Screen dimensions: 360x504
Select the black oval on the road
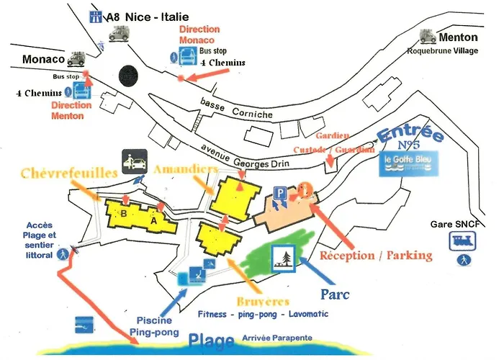coord(127,75)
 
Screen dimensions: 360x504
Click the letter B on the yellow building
coord(123,213)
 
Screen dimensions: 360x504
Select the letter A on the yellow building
coord(153,220)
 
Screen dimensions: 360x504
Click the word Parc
coord(334,294)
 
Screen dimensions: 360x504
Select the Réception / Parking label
coord(376,255)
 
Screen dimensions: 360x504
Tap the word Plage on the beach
coord(212,341)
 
